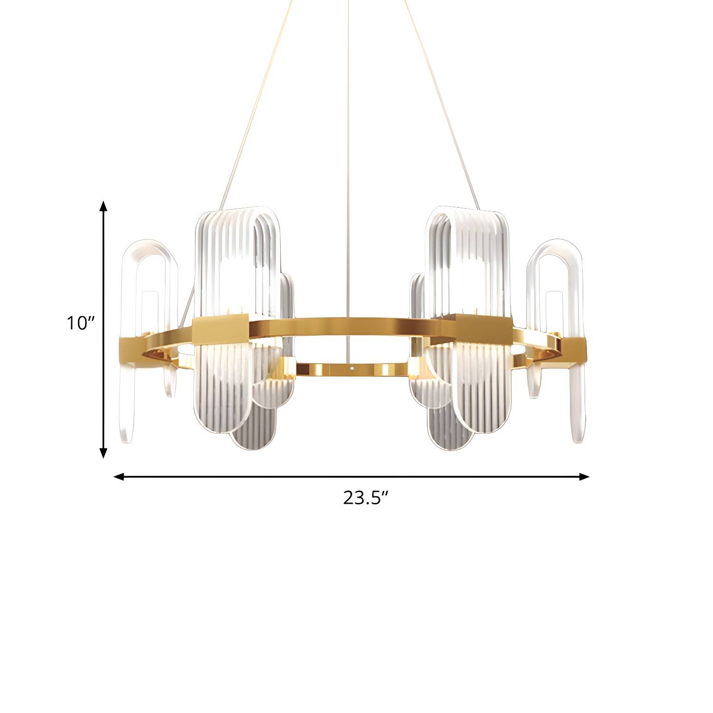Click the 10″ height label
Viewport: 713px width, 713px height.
click(x=81, y=323)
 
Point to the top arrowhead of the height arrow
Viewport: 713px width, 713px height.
click(x=103, y=206)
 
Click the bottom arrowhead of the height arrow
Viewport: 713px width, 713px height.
click(x=103, y=453)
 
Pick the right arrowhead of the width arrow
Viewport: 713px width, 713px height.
click(x=584, y=476)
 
